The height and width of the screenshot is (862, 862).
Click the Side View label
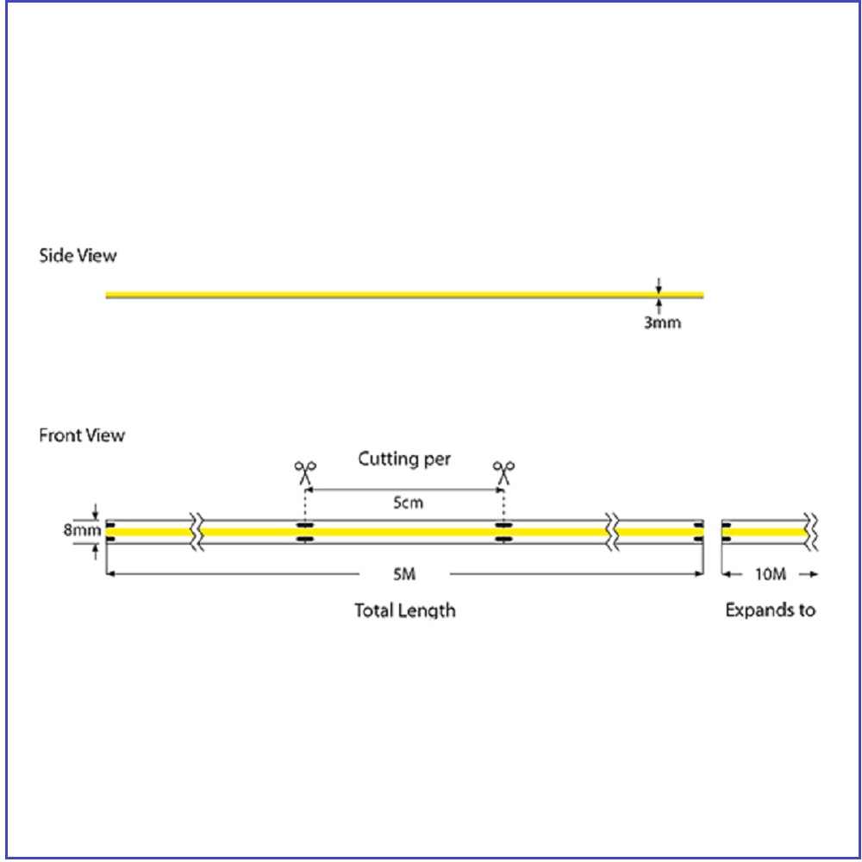tap(78, 256)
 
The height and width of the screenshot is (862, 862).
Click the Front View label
tap(82, 435)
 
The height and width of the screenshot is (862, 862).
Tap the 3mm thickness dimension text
tap(662, 322)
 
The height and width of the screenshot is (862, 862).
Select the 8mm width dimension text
tap(82, 530)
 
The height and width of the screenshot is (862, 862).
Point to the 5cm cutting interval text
tap(408, 503)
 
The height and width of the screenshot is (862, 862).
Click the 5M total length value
tap(404, 574)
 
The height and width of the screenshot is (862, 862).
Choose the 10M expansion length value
tap(770, 574)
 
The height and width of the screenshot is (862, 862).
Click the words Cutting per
tap(404, 459)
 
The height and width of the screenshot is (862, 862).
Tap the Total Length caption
tap(405, 610)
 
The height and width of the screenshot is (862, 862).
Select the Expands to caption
tap(770, 609)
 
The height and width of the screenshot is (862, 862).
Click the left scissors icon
tap(305, 472)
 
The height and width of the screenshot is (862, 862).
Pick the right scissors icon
tap(503, 472)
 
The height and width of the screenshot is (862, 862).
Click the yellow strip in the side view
tap(404, 295)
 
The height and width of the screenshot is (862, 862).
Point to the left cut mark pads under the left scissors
tap(304, 532)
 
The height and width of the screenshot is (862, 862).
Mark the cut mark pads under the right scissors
tap(503, 532)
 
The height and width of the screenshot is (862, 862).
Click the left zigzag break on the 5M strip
tap(197, 532)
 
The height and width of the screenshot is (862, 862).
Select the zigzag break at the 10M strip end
tap(811, 532)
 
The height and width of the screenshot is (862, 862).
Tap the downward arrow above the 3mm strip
tap(659, 284)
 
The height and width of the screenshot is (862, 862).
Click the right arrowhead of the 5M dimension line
tap(700, 574)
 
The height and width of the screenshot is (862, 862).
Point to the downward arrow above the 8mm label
tap(95, 511)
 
